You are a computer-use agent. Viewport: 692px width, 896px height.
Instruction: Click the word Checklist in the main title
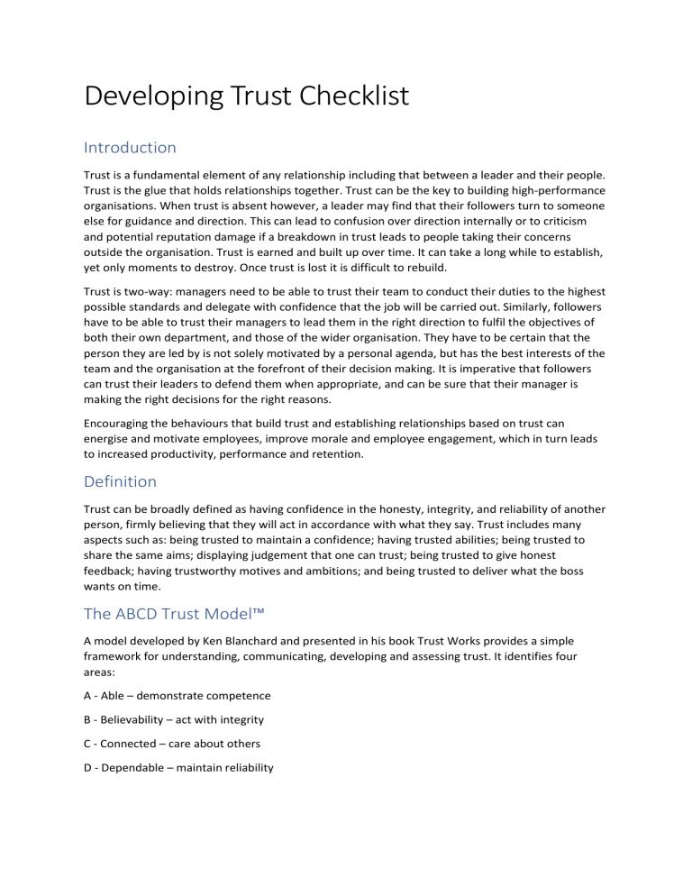(350, 96)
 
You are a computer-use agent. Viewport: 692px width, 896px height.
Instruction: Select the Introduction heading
(129, 147)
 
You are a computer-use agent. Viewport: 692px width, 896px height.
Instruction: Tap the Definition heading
(120, 482)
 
